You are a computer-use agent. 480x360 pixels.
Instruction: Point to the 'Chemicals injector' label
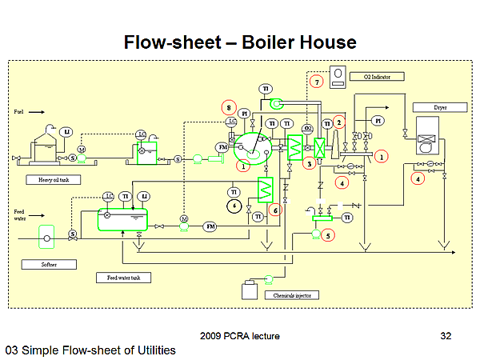pyautogui.click(x=290, y=294)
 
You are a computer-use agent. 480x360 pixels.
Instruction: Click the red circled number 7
pyautogui.click(x=317, y=82)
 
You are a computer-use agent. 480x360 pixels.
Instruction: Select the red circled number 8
pyautogui.click(x=229, y=107)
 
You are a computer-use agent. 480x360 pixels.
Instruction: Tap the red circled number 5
pyautogui.click(x=328, y=235)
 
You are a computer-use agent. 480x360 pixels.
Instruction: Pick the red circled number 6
pyautogui.click(x=276, y=210)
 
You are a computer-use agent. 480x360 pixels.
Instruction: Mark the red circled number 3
pyautogui.click(x=310, y=163)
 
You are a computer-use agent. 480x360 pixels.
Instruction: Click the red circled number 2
pyautogui.click(x=339, y=122)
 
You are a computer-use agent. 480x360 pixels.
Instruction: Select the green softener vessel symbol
pyautogui.click(x=47, y=238)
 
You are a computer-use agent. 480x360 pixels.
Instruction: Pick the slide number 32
pyautogui.click(x=446, y=337)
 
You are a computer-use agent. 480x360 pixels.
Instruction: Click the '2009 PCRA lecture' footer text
pyautogui.click(x=241, y=336)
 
